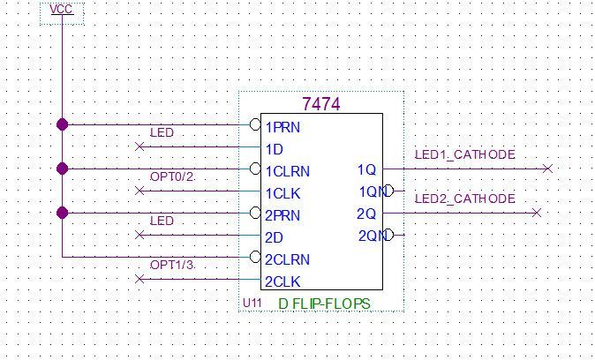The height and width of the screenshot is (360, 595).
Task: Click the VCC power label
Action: coord(62,10)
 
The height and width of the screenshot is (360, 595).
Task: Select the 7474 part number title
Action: coord(321,104)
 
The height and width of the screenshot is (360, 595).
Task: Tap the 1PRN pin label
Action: coord(282,126)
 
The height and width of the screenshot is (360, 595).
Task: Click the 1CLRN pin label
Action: coord(287,170)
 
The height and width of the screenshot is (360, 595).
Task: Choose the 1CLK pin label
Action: coord(282,192)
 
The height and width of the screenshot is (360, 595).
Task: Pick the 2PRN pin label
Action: coord(282,214)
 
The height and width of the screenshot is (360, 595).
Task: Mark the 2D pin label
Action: coord(274,236)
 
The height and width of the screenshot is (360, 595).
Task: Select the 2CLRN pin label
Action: coord(287,259)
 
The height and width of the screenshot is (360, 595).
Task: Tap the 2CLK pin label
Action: coord(282,281)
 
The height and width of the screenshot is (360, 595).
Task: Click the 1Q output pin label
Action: coord(367,169)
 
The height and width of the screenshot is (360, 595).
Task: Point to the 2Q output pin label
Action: coord(367,214)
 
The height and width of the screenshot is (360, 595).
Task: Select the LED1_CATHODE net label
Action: coord(464,155)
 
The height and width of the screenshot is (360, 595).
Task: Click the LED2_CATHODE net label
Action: coord(464,199)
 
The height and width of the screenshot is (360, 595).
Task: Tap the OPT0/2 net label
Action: coord(171,176)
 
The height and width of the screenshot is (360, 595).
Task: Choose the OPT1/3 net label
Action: coord(171,266)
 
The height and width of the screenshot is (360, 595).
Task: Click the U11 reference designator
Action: coord(252,304)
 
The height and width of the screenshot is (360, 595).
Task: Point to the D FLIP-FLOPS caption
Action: coord(324,304)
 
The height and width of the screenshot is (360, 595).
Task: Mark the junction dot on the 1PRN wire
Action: coord(62,124)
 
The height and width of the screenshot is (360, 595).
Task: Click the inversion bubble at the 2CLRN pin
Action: coord(256,258)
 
